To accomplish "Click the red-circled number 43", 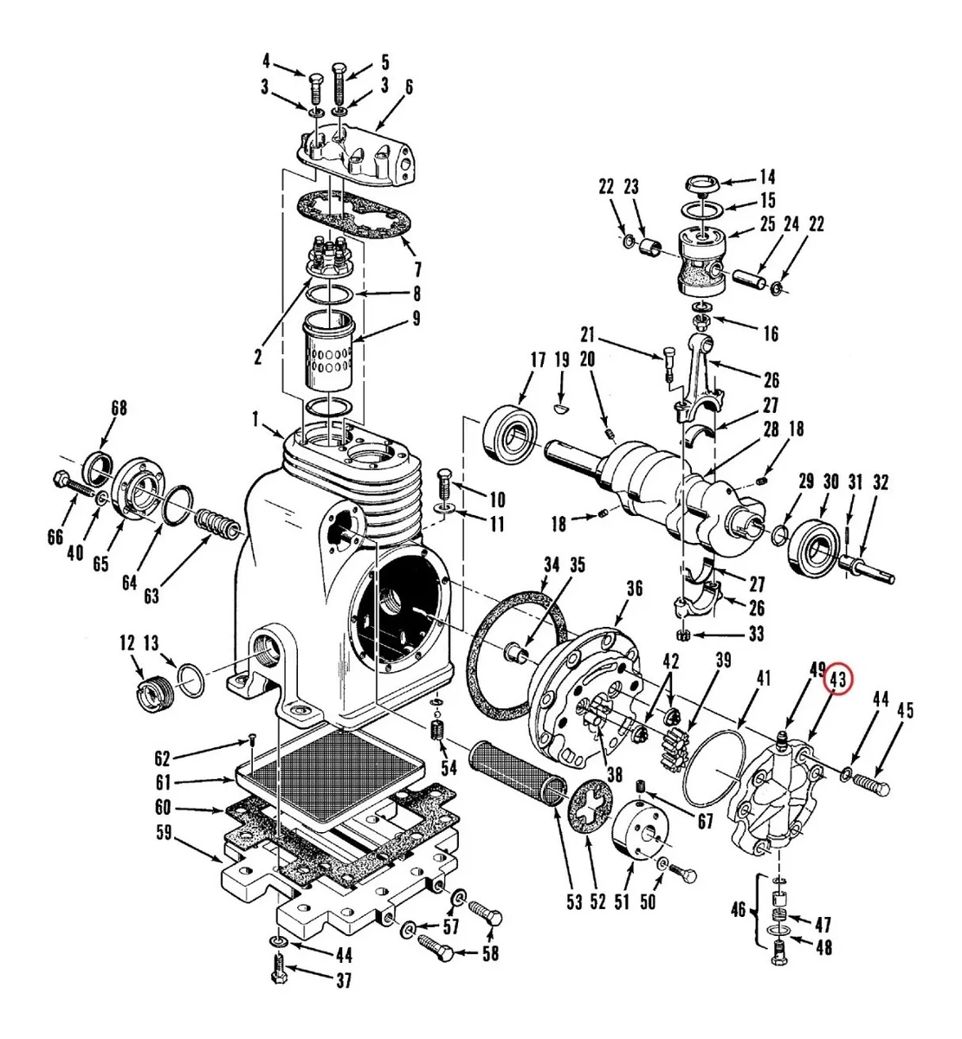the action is click(838, 681).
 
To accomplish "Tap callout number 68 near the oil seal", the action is click(119, 408).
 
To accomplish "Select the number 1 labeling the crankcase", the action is click(255, 419).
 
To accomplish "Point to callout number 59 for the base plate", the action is click(164, 832).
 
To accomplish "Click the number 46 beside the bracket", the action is click(738, 910).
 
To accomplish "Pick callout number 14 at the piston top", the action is click(767, 177).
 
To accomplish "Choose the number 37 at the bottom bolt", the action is click(344, 980).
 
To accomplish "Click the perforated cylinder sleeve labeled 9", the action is click(329, 351).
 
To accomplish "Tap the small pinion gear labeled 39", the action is click(675, 746).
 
